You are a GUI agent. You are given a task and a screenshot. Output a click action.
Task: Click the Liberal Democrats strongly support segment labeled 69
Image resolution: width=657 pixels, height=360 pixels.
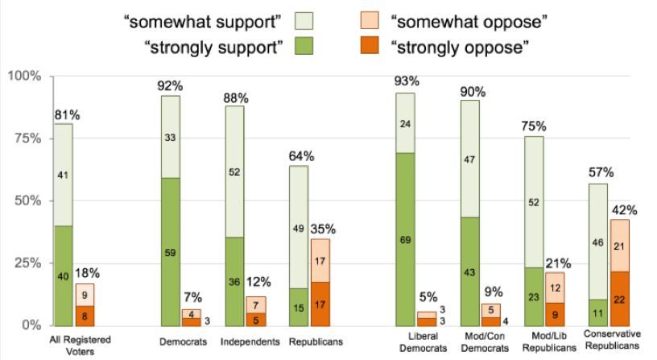405,239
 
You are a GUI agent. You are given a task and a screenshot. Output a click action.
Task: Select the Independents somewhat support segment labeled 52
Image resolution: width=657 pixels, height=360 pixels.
234,172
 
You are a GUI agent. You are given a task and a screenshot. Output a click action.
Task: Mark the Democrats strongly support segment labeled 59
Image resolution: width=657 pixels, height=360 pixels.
170,251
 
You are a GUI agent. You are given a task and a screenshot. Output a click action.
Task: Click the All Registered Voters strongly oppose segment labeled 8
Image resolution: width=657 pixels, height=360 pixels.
85,316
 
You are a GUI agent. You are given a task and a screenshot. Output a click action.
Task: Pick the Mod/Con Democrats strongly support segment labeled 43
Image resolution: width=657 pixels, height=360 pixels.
469,271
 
